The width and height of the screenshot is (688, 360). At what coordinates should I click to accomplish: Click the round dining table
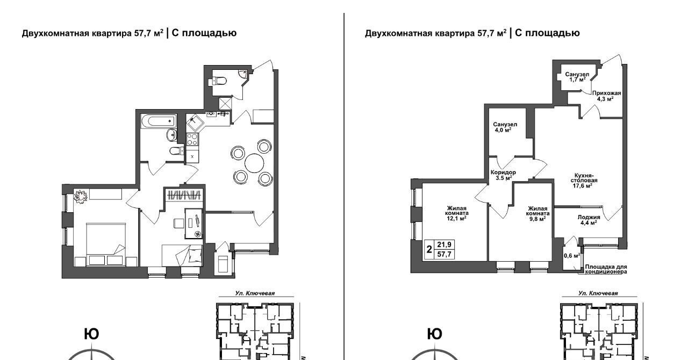pos(254,163)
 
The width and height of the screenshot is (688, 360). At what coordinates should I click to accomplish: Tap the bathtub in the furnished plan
pos(159,121)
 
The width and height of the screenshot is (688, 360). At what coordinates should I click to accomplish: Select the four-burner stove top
pos(192,139)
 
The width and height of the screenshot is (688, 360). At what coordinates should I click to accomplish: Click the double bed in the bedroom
pos(106,244)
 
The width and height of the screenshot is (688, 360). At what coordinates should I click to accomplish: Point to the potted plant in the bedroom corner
pos(81,197)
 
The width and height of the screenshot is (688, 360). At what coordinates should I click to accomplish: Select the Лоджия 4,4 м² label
pos(589,220)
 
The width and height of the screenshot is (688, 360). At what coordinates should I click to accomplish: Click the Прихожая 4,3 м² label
pos(606,96)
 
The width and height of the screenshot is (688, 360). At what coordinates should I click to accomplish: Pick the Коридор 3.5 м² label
pos(503,175)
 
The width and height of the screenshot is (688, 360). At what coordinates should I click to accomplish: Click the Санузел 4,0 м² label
pos(505,127)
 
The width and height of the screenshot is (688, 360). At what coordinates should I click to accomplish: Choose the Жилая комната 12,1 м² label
pos(457,213)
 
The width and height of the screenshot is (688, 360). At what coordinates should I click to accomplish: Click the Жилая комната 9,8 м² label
pos(538,213)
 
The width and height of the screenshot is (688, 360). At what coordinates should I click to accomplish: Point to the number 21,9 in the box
pos(444,244)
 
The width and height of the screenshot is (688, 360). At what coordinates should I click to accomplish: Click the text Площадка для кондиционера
pos(606,269)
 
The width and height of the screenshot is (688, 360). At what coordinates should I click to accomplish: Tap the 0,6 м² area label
pos(572,255)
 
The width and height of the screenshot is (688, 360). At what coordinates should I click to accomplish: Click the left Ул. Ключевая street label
pos(255,293)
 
